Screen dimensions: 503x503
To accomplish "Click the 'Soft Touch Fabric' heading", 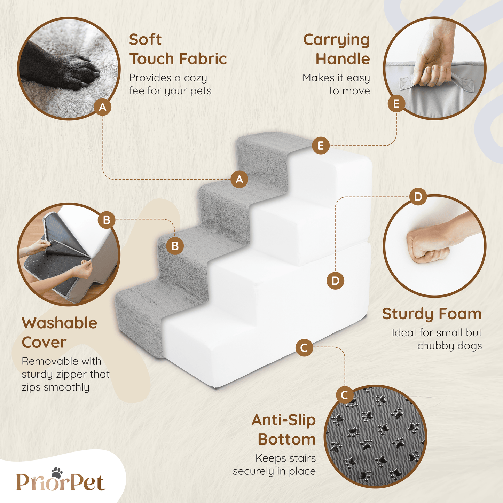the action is click(x=178, y=49).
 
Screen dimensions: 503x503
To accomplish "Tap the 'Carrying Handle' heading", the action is click(x=336, y=49).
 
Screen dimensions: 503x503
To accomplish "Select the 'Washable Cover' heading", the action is click(x=60, y=332).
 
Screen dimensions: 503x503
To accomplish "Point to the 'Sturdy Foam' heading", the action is click(x=432, y=314).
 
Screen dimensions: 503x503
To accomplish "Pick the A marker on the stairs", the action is click(x=239, y=179).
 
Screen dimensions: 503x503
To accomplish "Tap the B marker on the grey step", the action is click(x=175, y=246).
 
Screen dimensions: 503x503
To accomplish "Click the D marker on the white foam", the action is click(x=335, y=281).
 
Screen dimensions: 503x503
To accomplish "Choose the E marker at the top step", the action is click(x=321, y=146).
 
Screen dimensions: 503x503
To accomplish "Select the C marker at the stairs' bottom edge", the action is click(x=304, y=348).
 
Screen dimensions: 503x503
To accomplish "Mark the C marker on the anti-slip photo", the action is click(x=345, y=395).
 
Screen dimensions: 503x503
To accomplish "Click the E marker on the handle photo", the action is click(x=396, y=104).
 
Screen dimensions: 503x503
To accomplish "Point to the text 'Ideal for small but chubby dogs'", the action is click(x=437, y=339).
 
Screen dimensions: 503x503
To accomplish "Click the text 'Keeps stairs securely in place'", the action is click(x=274, y=465).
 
